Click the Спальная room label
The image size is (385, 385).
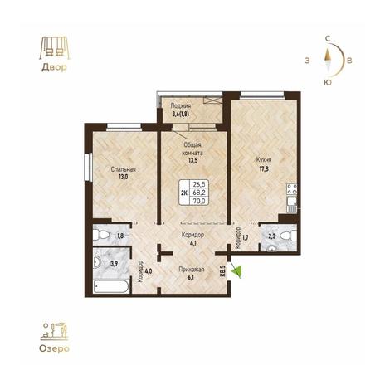tap(123, 169)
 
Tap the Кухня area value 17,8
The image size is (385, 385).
tap(264, 169)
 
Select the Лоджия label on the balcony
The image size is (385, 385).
tap(180, 105)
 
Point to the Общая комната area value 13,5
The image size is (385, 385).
tap(192, 161)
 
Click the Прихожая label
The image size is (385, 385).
tap(192, 270)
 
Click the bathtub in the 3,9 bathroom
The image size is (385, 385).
tap(111, 286)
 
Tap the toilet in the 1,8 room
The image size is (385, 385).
tap(101, 235)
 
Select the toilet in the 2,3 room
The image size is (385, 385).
tap(288, 236)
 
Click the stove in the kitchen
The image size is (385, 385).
tap(292, 189)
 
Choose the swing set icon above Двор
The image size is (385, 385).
tap(54, 49)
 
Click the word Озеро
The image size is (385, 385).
tap(54, 348)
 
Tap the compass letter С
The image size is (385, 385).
tap(328, 39)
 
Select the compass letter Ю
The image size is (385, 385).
tap(328, 82)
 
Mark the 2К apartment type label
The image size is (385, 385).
tap(184, 192)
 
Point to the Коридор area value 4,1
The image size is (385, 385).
tap(192, 244)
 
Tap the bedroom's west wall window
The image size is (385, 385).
tap(89, 168)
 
